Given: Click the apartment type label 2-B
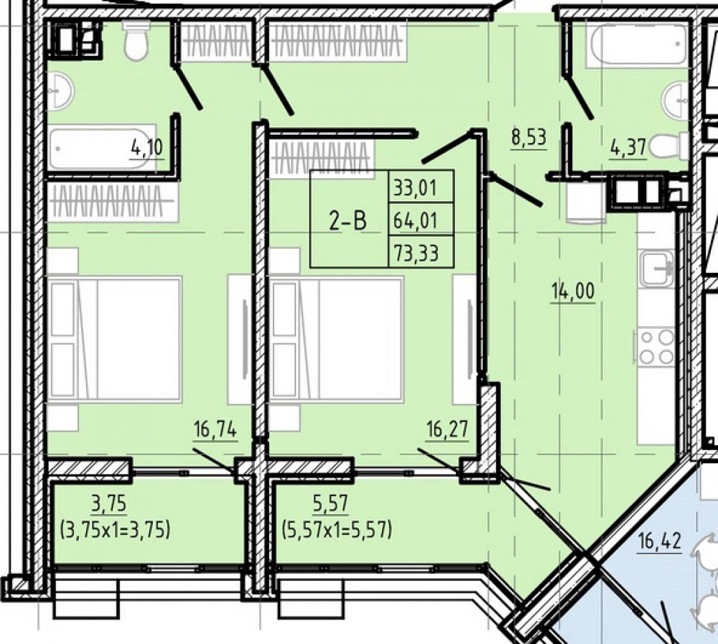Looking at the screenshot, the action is pos(348,221).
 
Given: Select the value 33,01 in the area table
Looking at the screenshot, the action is pos(416,188).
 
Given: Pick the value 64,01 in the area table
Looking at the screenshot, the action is pos(416,221).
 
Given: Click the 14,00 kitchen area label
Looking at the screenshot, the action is pos(573,291).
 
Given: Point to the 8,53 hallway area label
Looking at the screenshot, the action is pos(529,137).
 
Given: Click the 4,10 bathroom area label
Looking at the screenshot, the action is pos(147,148).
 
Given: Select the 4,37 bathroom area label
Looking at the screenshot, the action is pos(628,148).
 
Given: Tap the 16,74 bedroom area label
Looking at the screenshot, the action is pos(215,430).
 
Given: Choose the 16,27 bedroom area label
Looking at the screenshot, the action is pos(447,430).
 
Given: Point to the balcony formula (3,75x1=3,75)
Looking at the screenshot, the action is pos(115,530).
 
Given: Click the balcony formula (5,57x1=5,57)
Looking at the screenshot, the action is pos(337,530).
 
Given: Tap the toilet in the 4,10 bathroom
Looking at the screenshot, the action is pos(136,40).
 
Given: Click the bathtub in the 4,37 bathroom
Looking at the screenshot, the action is pos(637,45).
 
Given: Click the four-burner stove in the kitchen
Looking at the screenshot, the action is pos(654,347).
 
